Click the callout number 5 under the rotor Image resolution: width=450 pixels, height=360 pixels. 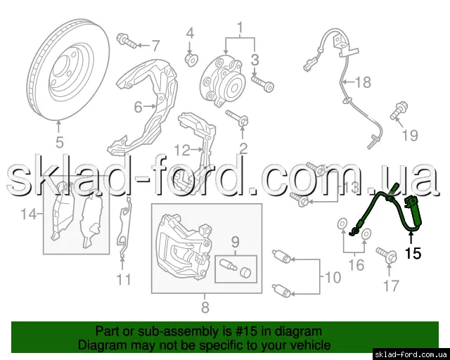(x=59, y=142)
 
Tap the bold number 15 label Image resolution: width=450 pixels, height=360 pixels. (x=413, y=253)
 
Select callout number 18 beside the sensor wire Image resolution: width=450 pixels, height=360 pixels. (x=363, y=82)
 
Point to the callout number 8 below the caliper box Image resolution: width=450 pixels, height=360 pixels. (x=205, y=307)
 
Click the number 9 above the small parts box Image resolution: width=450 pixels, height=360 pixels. (x=236, y=243)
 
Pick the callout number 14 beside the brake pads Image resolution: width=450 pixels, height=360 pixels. (x=29, y=214)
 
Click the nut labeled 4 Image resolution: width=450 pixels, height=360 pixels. (x=191, y=60)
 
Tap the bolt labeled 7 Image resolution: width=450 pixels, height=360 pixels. (x=127, y=41)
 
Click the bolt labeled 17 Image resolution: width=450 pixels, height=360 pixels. (x=386, y=255)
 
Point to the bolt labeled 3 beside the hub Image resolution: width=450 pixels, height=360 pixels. (x=262, y=83)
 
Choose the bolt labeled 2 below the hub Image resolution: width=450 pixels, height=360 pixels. (x=237, y=118)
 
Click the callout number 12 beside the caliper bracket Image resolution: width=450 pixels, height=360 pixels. (x=182, y=150)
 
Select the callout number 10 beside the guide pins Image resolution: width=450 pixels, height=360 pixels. (x=333, y=277)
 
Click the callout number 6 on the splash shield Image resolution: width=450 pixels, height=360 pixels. (x=139, y=107)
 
